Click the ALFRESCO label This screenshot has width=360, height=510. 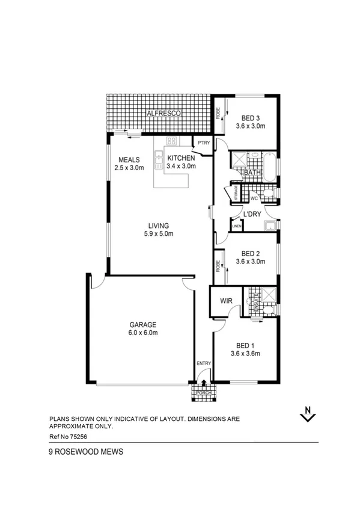[x=165, y=113]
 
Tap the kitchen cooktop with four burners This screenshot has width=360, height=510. [x=171, y=142]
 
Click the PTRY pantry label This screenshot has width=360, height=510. [x=200, y=143]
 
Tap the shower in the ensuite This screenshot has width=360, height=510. [x=269, y=296]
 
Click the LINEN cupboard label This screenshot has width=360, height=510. [x=236, y=226]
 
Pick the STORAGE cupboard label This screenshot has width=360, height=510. [x=236, y=193]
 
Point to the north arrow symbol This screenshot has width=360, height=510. [x=308, y=414]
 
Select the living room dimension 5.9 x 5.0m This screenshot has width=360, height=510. [x=159, y=234]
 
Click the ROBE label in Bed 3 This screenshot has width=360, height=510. [x=219, y=113]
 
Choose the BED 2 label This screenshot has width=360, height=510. [x=248, y=253]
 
